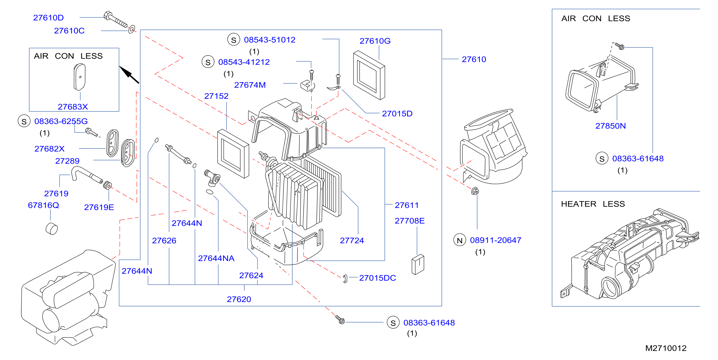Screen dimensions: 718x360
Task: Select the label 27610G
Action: pos(375,41)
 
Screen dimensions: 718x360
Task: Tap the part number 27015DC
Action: pos(377,278)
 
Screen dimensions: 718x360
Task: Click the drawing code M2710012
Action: pos(666,348)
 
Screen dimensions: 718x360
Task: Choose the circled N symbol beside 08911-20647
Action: pos(460,240)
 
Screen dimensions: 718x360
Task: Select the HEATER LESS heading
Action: pos(593,204)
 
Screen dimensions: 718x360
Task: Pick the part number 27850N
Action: pos(611,126)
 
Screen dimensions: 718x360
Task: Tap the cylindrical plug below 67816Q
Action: pos(52,229)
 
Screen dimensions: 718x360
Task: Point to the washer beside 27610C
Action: pos(132,29)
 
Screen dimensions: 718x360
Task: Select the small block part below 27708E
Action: pos(418,264)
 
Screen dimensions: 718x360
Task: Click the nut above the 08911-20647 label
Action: pos(475,191)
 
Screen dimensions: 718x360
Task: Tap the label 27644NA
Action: pos(216,258)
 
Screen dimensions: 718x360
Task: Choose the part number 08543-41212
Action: pos(244,62)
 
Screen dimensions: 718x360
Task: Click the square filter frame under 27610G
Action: pos(369,75)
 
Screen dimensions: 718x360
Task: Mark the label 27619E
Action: pos(99,207)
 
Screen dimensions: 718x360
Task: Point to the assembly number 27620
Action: pos(239,299)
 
